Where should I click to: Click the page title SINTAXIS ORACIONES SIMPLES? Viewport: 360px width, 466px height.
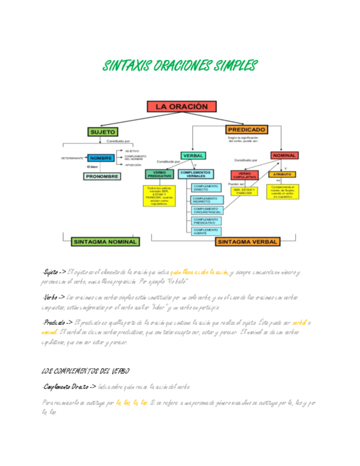[180, 66]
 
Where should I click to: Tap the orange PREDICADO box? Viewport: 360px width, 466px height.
[247, 130]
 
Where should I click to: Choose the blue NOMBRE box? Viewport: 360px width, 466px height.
[101, 158]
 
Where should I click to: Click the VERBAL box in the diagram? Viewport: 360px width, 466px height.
[193, 156]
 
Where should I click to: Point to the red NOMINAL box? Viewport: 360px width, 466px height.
[284, 156]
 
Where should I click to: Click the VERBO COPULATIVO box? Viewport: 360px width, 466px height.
[243, 176]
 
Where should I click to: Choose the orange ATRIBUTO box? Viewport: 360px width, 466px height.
[283, 174]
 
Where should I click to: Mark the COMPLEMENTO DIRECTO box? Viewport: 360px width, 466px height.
[205, 188]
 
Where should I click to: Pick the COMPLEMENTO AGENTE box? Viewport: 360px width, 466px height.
[205, 231]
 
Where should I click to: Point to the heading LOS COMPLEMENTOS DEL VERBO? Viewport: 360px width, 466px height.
[85, 371]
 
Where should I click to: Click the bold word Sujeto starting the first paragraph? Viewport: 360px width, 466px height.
[52, 272]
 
